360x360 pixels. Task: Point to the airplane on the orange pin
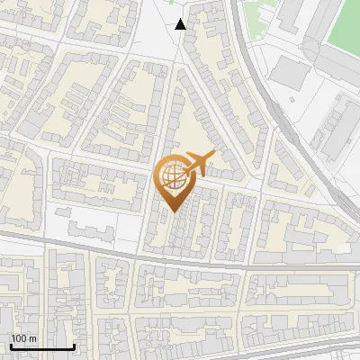[x=200, y=164]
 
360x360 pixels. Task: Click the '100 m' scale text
[x=24, y=338]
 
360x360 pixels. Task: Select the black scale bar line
[x=42, y=346]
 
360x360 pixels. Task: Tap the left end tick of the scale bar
[x=11, y=345]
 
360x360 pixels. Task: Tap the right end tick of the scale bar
[x=74, y=345]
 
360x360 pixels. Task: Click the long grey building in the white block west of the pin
[x=94, y=217]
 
